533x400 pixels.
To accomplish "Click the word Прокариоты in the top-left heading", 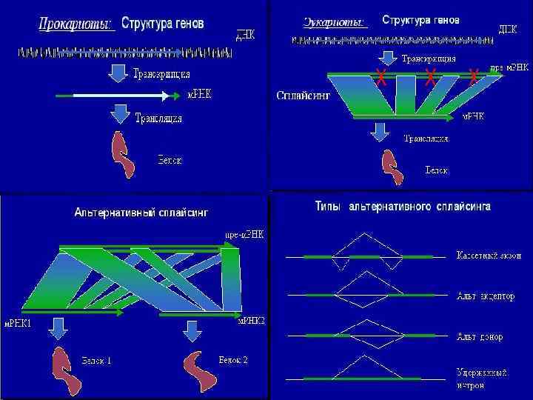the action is (x=76, y=24).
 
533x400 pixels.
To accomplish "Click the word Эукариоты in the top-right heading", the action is (x=335, y=21).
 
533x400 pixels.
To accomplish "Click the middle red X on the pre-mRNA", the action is (x=430, y=76).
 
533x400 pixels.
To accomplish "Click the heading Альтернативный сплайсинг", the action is (x=141, y=212).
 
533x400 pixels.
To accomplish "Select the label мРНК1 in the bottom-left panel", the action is (x=19, y=322).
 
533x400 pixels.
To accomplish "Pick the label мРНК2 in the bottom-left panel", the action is (x=250, y=321).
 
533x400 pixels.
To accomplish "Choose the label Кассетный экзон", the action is (x=488, y=256).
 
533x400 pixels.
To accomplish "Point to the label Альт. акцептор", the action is (x=485, y=296).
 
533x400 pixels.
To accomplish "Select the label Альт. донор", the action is (x=480, y=336).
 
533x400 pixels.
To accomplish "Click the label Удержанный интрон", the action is (x=481, y=379).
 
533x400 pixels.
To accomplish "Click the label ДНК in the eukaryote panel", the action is (x=508, y=29).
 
